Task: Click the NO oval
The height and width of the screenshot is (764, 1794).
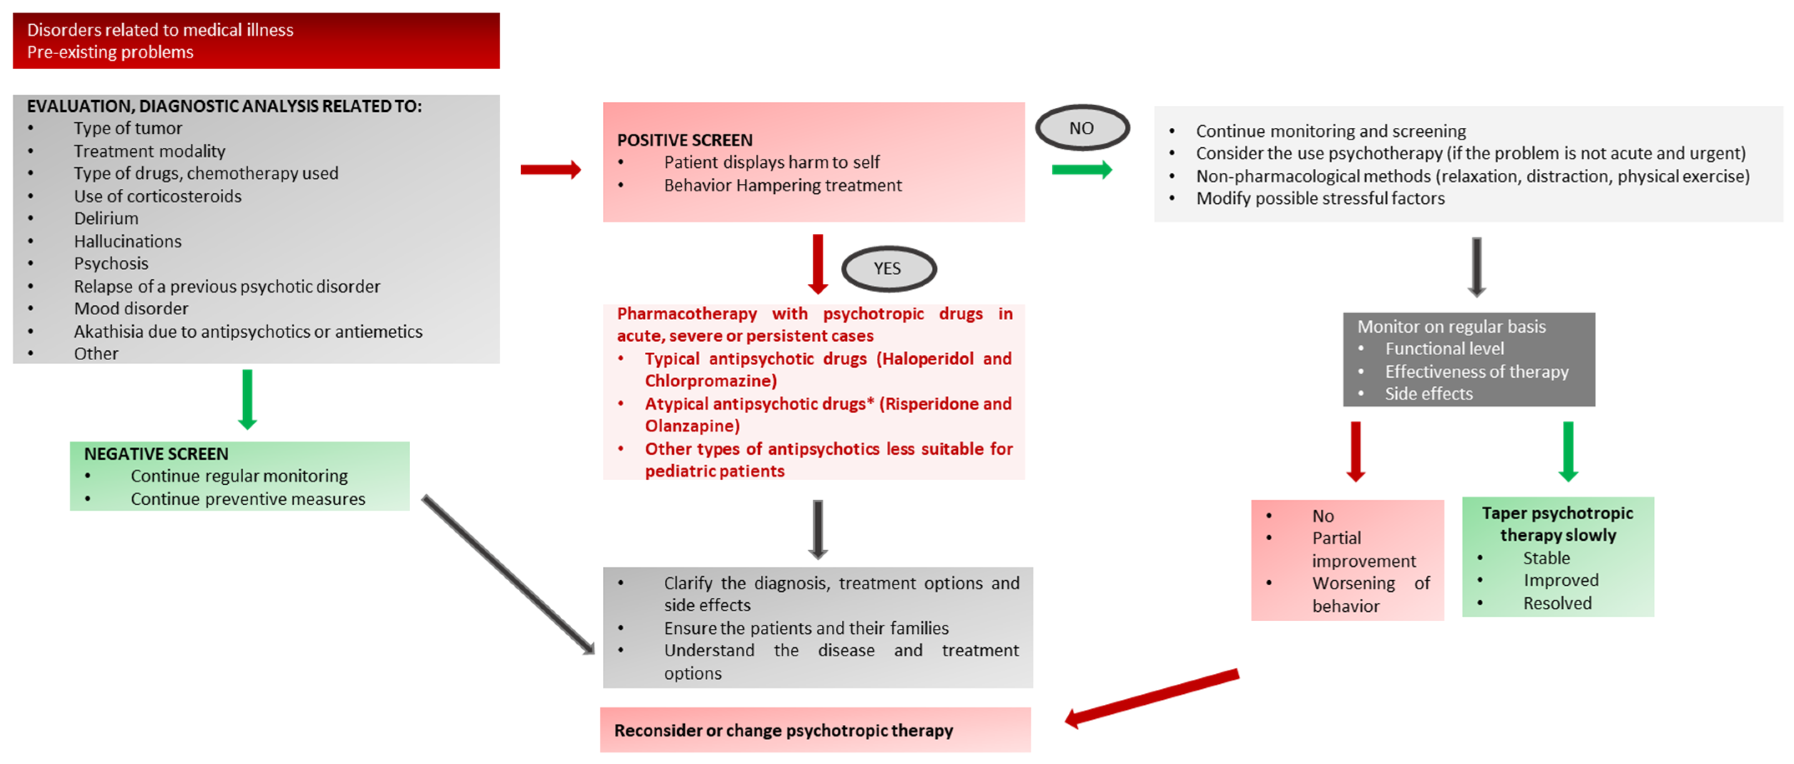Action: click(1082, 128)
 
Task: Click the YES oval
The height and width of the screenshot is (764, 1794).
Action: click(888, 269)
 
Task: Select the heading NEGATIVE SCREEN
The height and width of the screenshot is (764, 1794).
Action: click(156, 454)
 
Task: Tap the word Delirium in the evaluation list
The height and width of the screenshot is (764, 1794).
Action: click(106, 219)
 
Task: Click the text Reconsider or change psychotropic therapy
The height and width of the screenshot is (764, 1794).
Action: click(783, 731)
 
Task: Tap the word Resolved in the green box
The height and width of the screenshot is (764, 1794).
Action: click(1557, 604)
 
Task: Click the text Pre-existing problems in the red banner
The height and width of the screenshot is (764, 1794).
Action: click(110, 52)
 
